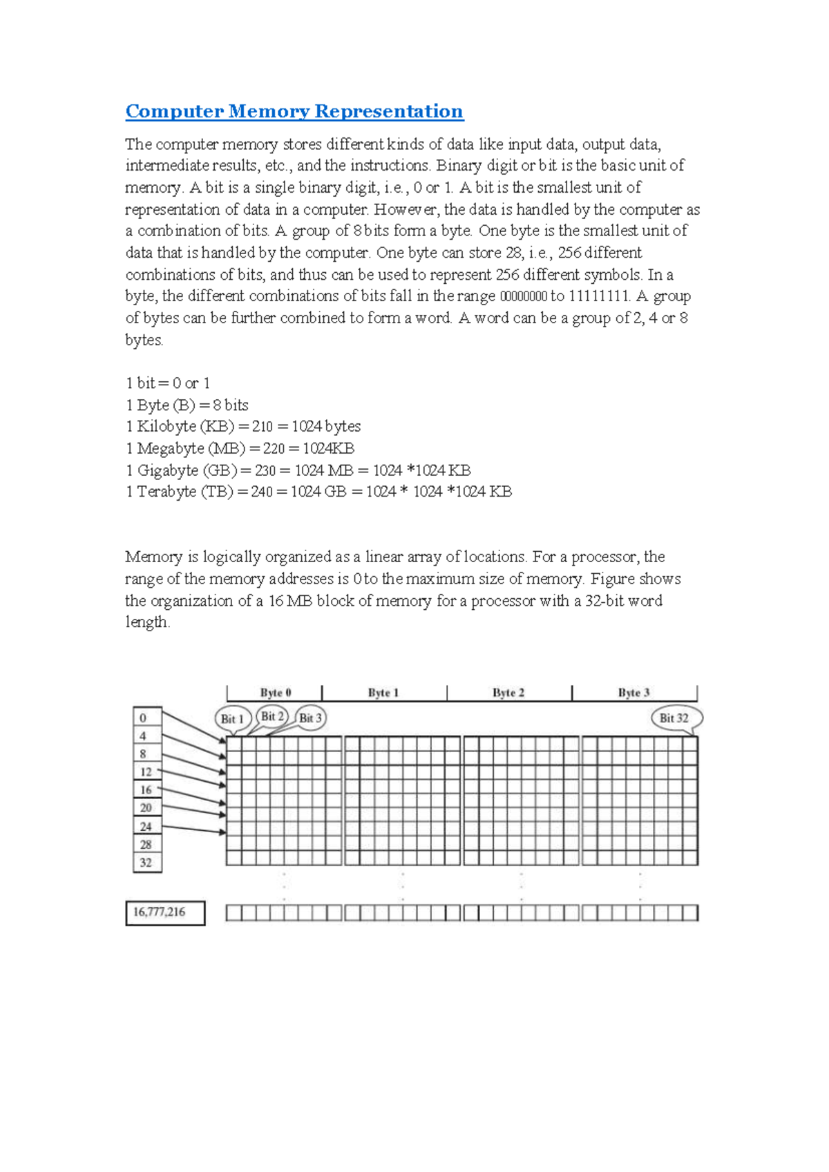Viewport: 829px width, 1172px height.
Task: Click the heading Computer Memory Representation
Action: coord(294,111)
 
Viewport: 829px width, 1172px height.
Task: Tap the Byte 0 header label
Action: coord(275,693)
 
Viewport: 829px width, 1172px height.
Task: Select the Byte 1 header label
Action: coord(383,693)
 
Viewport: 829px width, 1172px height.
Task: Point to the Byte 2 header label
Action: coord(508,693)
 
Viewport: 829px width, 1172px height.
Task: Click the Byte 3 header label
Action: coord(633,693)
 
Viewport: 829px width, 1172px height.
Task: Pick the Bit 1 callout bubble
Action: coord(232,719)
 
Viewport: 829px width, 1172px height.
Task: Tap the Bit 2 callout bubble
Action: coord(272,716)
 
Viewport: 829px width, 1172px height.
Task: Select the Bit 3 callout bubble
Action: coord(310,718)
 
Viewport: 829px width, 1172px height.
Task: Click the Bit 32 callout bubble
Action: coord(674,718)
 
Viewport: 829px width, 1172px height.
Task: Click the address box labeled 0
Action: coord(146,718)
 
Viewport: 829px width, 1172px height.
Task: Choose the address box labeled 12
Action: coord(146,772)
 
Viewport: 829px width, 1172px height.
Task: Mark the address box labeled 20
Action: coord(146,808)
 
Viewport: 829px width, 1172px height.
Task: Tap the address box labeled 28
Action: coord(146,844)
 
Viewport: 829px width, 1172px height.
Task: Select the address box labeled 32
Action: coord(146,863)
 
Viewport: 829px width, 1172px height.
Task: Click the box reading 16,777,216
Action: coord(164,912)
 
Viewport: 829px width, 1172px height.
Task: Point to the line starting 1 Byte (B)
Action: coord(187,405)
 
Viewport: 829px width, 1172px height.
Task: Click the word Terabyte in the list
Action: coord(166,492)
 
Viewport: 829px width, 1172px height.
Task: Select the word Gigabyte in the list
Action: coord(167,470)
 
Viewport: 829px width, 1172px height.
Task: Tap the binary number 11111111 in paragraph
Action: coord(599,296)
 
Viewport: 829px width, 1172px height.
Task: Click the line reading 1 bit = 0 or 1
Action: coord(168,383)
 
